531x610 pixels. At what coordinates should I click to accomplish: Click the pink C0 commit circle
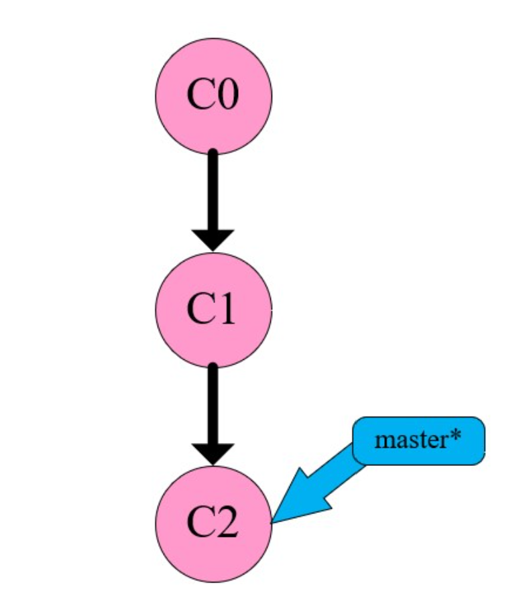[x=213, y=96]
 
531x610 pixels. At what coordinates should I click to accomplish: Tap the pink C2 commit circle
[x=213, y=523]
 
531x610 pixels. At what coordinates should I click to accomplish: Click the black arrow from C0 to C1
[x=213, y=194]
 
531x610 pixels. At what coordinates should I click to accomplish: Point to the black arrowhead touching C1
[x=213, y=239]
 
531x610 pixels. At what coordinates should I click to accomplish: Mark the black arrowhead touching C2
[x=213, y=453]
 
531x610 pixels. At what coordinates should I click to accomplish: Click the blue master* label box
[x=418, y=440]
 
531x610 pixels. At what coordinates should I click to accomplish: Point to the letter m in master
[x=385, y=441]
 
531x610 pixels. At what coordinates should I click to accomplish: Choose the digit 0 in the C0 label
[x=227, y=96]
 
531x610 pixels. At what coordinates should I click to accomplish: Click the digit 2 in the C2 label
[x=227, y=524]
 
